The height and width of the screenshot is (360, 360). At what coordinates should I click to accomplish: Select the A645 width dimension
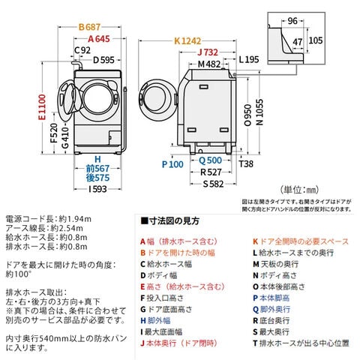[100, 38]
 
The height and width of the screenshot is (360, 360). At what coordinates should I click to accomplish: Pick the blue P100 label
[172, 163]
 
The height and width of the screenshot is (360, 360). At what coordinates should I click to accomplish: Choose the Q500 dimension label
[208, 159]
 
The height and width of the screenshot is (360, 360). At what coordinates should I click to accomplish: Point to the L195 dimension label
[250, 59]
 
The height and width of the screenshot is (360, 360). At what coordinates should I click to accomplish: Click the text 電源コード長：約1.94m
[48, 217]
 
